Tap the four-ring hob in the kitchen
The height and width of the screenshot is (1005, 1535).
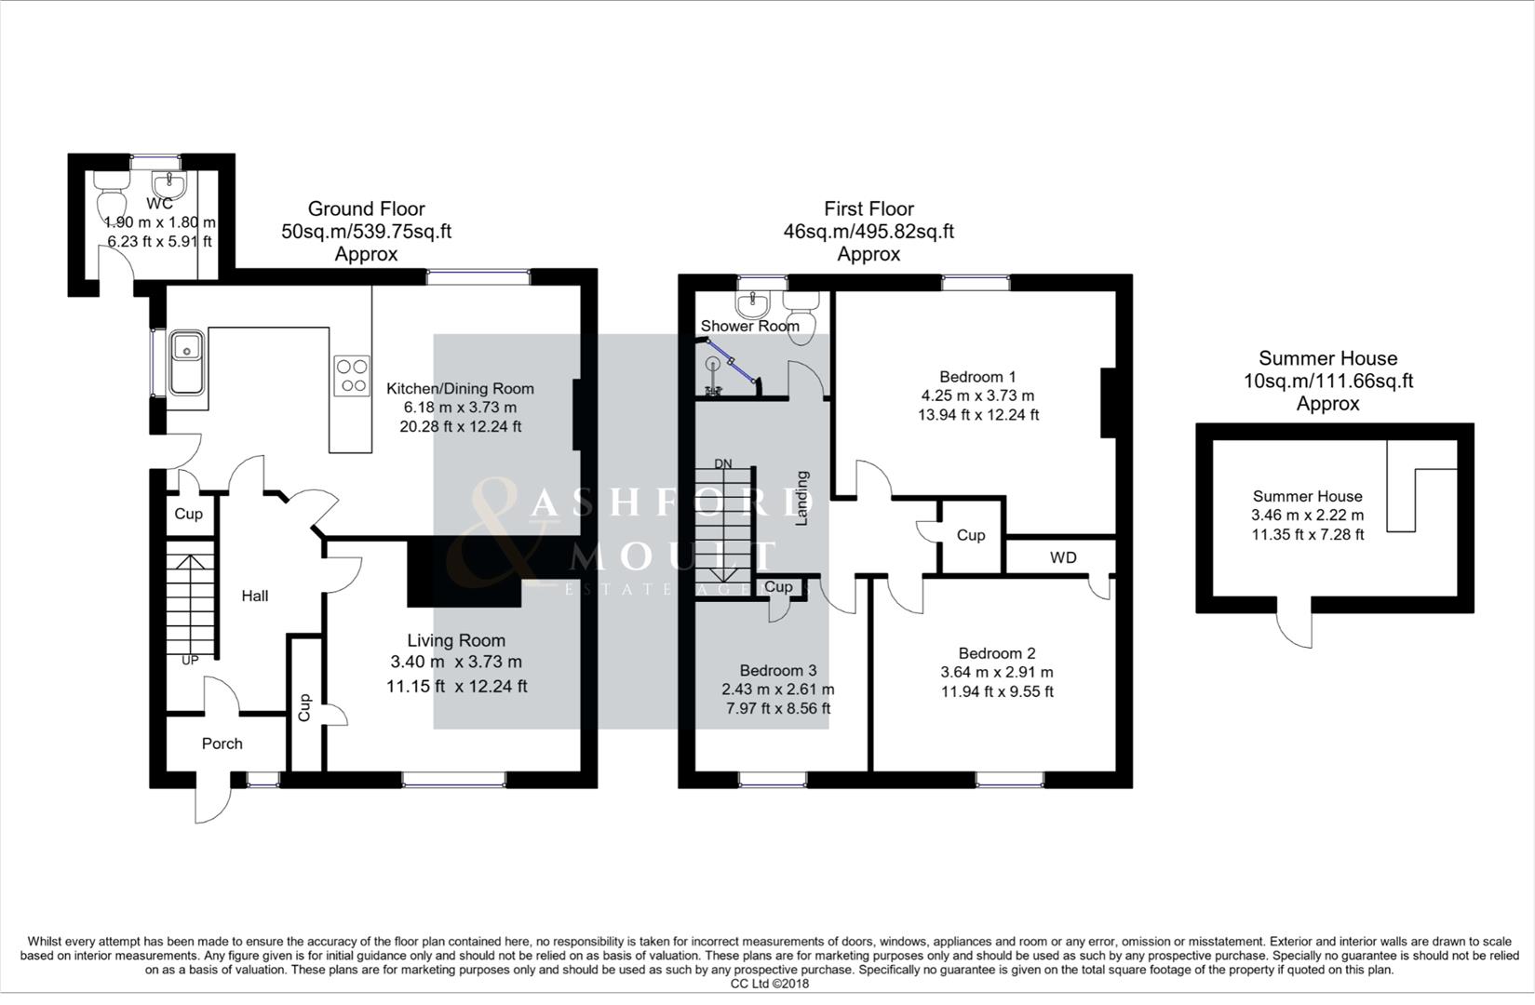(352, 376)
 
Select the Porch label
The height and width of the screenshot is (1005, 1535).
(222, 744)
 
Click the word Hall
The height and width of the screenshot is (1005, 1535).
(255, 596)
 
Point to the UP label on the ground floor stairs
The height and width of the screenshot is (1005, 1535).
(190, 660)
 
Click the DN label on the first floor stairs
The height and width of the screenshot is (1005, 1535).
(723, 463)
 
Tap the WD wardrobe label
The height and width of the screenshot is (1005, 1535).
(1063, 557)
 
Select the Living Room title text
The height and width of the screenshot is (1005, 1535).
(456, 640)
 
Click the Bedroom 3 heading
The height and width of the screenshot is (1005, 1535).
(778, 670)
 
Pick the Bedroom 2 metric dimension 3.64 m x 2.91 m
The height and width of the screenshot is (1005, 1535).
(997, 672)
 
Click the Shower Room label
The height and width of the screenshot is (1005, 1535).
(749, 326)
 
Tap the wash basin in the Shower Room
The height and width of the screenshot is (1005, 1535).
(752, 303)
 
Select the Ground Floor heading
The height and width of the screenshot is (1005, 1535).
(366, 208)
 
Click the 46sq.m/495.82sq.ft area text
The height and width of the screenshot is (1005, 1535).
(868, 232)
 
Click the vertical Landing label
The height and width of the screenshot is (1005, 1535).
(801, 498)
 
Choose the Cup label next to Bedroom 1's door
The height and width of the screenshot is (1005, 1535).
(971, 535)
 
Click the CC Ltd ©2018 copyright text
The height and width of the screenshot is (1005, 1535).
(769, 984)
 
